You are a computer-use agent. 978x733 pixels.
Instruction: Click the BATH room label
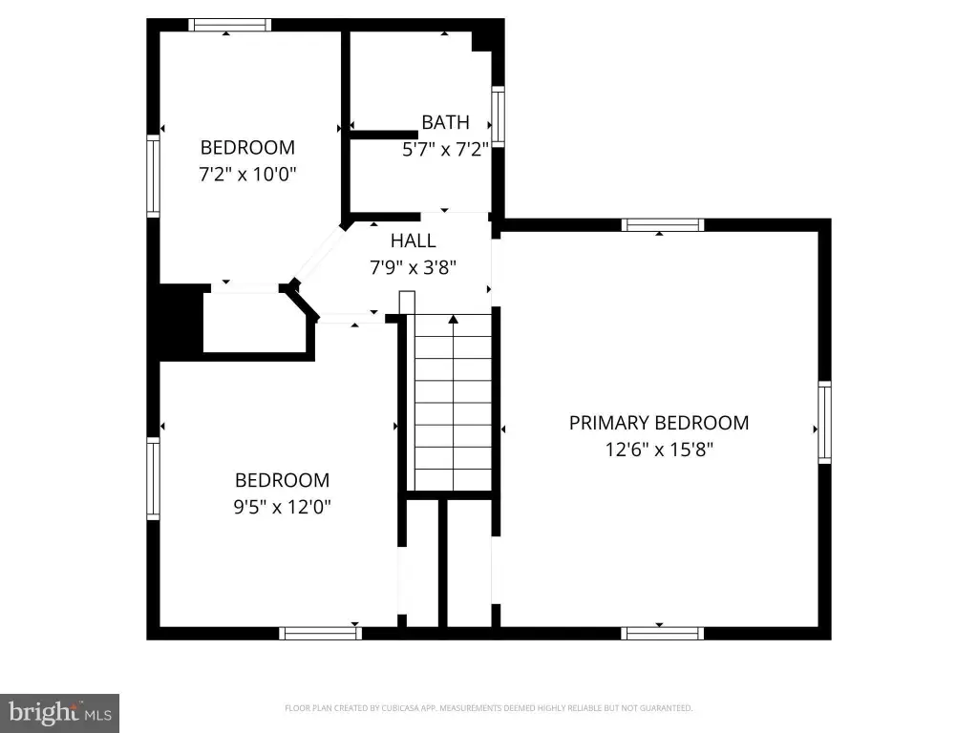pos(445,122)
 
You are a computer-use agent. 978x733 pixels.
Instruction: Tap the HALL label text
pos(413,241)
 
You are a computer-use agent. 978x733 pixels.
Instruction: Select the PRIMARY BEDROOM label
pos(659,423)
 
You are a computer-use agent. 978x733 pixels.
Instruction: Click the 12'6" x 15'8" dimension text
pos(659,450)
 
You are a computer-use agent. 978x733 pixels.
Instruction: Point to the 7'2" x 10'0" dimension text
pos(247,174)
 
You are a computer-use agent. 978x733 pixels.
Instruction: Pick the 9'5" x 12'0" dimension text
pos(282,506)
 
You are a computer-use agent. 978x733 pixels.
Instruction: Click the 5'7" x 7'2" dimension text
pos(445,149)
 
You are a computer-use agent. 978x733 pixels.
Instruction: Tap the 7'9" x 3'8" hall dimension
pos(413,267)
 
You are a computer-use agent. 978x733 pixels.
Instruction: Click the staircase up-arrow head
pos(454,319)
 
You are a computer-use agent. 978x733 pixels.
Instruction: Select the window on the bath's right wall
pos(498,116)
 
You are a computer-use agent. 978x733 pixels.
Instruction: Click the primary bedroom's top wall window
pos(663,225)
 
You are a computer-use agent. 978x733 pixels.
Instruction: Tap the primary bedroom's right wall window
pos(824,422)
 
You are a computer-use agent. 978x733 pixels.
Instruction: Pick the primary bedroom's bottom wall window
pos(663,634)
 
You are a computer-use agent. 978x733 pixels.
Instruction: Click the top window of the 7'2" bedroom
pos(229,25)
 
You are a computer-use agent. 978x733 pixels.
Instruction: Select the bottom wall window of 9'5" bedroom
pos(321,634)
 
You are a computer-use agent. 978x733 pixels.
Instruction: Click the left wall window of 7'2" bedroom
pos(153,176)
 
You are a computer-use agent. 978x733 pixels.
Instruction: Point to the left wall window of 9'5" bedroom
pos(153,478)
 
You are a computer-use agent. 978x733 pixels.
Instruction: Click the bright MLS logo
pos(59,713)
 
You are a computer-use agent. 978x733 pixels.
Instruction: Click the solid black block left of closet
pos(176,323)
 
